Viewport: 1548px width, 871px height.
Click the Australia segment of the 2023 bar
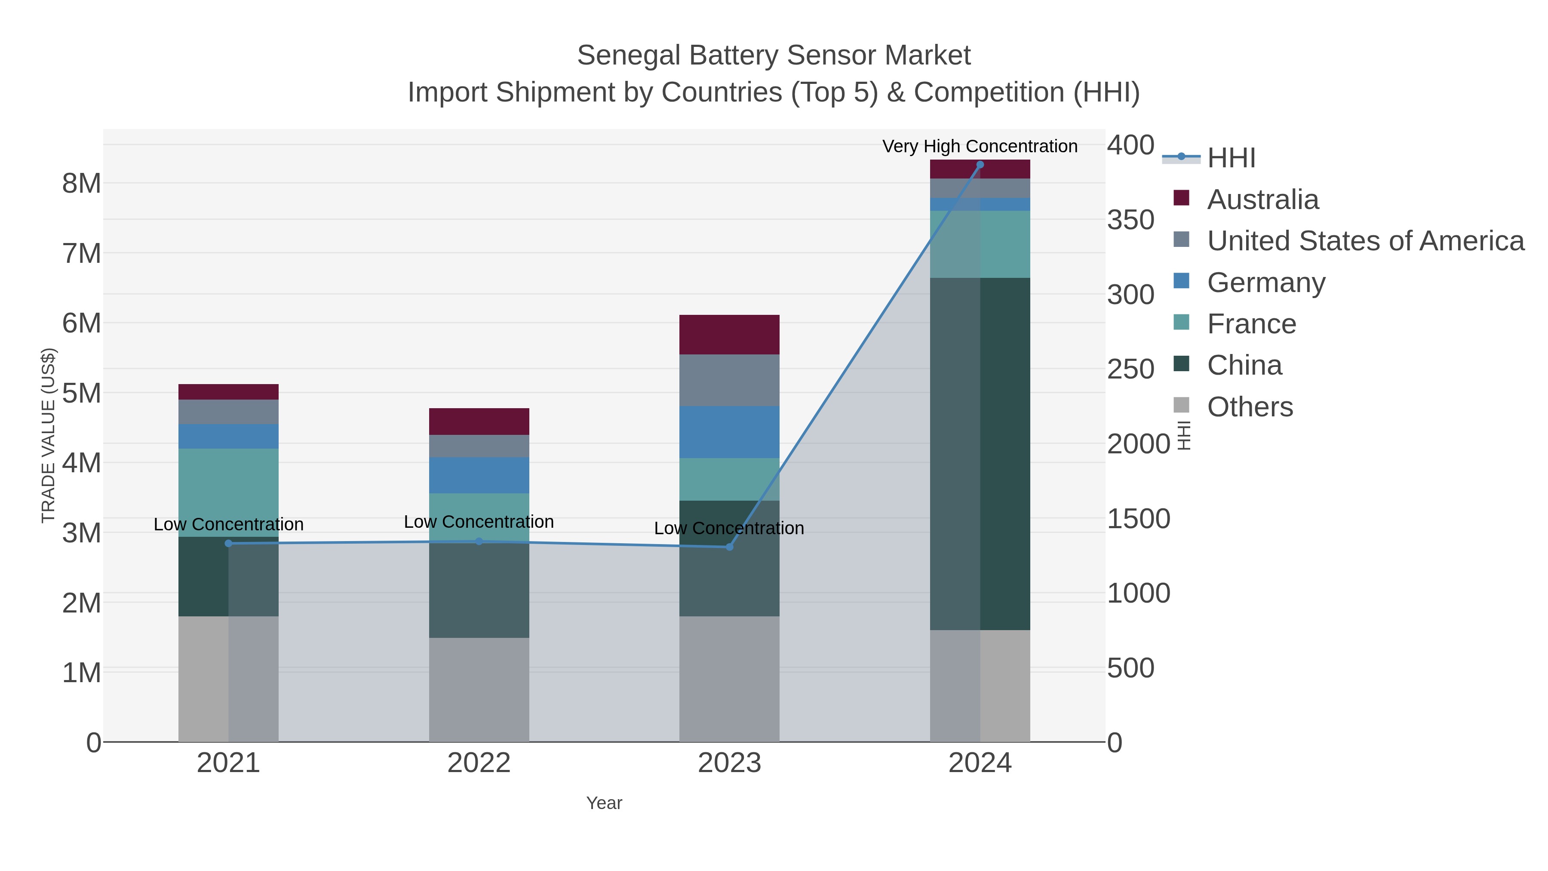point(729,334)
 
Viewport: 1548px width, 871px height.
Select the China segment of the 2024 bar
point(980,454)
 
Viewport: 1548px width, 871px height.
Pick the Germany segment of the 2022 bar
point(479,475)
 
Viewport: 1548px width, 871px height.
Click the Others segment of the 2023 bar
point(729,679)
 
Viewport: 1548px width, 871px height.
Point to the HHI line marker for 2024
point(980,165)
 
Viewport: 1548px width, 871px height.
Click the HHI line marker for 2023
point(729,546)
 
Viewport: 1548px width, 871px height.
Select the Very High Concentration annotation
point(980,146)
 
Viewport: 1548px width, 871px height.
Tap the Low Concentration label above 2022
point(479,522)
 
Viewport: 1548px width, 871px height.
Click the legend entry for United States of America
point(1365,240)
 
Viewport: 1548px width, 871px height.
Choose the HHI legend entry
point(1231,158)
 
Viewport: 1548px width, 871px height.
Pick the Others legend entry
point(1250,407)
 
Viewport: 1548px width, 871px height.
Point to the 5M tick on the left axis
point(82,393)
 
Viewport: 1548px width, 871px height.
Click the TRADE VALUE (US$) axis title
point(48,435)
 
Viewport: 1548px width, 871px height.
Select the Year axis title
point(604,803)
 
